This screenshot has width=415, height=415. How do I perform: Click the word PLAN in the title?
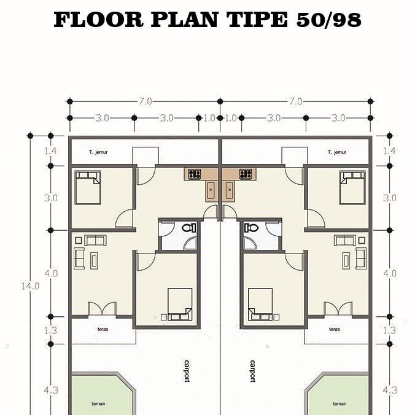tap(184, 20)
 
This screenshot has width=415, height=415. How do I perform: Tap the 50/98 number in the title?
tap(328, 20)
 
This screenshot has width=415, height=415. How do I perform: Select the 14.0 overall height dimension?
tap(30, 286)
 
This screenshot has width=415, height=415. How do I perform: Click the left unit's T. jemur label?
tap(98, 152)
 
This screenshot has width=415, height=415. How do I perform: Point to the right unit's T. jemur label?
tap(337, 152)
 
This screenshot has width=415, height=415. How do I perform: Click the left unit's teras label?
tap(103, 329)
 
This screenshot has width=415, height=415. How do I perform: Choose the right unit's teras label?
tap(335, 329)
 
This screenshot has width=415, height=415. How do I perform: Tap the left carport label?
tap(187, 371)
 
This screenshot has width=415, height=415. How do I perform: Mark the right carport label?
tap(253, 371)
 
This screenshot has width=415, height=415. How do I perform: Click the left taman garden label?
tap(98, 404)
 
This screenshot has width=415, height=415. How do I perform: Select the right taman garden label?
tap(339, 404)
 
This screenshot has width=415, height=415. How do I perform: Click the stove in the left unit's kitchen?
tap(195, 174)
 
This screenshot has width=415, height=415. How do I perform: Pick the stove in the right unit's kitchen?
tap(246, 174)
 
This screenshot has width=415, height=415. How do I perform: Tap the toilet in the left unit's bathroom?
tap(189, 228)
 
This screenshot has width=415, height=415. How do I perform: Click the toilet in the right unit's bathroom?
tap(251, 228)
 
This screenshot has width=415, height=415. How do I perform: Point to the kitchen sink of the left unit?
tap(211, 190)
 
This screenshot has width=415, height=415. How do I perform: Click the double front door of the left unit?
tap(102, 309)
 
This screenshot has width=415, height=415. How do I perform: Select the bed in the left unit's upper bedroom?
tap(88, 187)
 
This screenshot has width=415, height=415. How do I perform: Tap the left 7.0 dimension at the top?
tap(145, 101)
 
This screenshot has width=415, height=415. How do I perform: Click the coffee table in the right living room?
tap(346, 261)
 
